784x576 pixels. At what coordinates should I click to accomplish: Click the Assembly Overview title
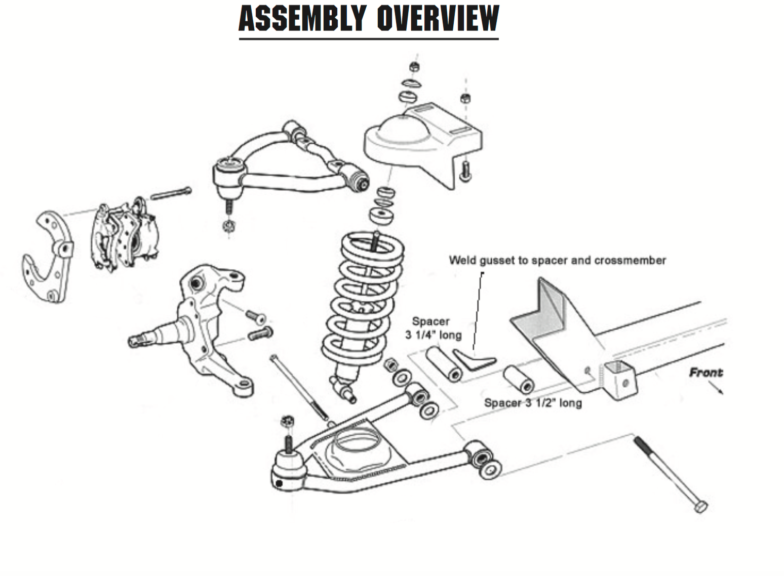pyautogui.click(x=369, y=19)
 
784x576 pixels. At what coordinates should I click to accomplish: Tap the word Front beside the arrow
pyautogui.click(x=705, y=373)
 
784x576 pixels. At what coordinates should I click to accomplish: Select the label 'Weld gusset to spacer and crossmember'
pyautogui.click(x=557, y=261)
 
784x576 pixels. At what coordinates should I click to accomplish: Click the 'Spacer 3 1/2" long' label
pyautogui.click(x=533, y=403)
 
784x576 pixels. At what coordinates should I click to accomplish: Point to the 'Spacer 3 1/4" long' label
pyautogui.click(x=433, y=328)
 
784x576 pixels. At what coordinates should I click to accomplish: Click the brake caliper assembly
pyautogui.click(x=124, y=235)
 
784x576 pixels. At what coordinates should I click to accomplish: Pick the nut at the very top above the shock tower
pyautogui.click(x=414, y=66)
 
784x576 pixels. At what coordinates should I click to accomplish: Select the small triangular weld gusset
pyautogui.click(x=474, y=359)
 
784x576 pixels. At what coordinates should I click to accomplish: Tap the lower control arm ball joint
pyautogui.click(x=289, y=468)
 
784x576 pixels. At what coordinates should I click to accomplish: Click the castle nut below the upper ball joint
pyautogui.click(x=228, y=225)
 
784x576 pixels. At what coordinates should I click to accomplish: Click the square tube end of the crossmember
pyautogui.click(x=620, y=380)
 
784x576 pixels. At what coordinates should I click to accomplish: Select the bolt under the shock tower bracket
pyautogui.click(x=465, y=171)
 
